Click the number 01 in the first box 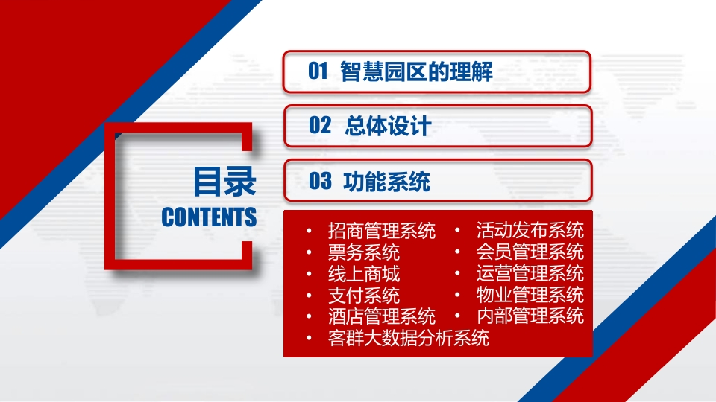click(318, 71)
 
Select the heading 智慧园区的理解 click(416, 71)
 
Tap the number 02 click(320, 125)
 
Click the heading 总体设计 click(388, 126)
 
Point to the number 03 click(320, 181)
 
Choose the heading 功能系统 click(387, 182)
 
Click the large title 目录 click(224, 182)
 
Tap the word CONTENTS click(209, 217)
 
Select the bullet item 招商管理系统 click(382, 231)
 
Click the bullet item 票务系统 click(364, 252)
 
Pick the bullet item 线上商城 click(364, 274)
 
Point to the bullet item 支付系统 click(364, 296)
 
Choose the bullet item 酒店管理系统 click(382, 316)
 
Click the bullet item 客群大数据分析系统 click(409, 338)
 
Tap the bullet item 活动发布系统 click(530, 230)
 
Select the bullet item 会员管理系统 click(530, 252)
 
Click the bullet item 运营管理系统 click(530, 273)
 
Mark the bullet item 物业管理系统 click(530, 295)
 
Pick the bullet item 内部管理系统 click(530, 316)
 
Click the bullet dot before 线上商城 click(309, 274)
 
